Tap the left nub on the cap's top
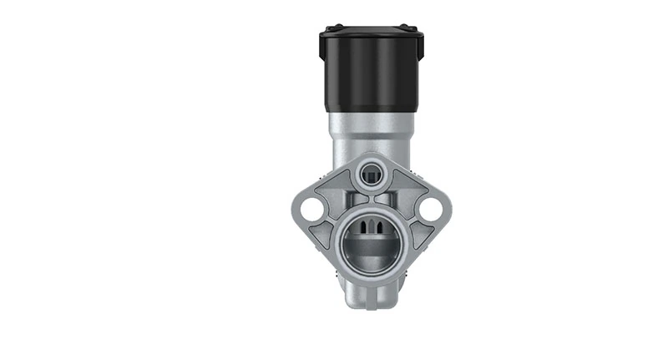[x=331, y=28]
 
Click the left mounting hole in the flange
[x=311, y=208]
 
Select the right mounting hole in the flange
[x=432, y=208]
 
